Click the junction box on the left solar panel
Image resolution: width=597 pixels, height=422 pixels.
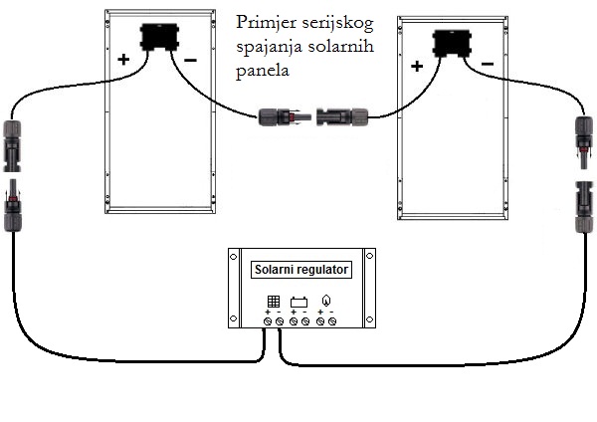[159, 37]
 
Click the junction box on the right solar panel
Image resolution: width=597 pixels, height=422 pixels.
[452, 44]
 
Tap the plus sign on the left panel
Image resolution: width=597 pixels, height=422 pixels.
[123, 60]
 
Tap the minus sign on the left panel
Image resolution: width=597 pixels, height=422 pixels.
[190, 60]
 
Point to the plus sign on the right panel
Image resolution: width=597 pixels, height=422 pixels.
[417, 67]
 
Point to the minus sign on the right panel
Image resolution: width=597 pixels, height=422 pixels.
[488, 64]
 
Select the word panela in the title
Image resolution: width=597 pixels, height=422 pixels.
[263, 71]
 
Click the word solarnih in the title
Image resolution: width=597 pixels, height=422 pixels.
[340, 47]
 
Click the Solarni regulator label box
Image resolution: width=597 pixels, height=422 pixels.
[301, 270]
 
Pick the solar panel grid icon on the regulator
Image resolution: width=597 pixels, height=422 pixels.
[274, 302]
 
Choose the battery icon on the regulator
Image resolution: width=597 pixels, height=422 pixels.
[298, 302]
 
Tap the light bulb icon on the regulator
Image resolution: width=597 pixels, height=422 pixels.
[326, 301]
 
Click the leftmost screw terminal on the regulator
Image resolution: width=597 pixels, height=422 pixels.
[268, 321]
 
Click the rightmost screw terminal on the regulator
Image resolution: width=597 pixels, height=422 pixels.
[332, 321]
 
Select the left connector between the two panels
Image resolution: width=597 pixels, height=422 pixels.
[285, 116]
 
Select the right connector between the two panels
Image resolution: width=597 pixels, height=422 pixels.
[342, 116]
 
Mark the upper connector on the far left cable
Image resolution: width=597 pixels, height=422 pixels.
[12, 146]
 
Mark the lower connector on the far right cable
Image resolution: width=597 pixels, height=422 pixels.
[585, 207]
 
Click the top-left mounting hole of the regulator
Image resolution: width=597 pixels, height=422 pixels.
[234, 257]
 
